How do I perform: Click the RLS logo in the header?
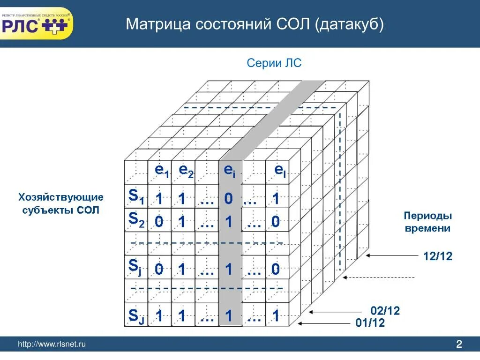tap(37, 23)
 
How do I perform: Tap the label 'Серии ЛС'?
tap(274, 63)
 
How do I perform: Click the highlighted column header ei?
tap(230, 171)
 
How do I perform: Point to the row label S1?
tap(136, 197)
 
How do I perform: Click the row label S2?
tap(136, 220)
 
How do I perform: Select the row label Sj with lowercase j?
tap(135, 268)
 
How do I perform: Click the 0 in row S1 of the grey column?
tap(228, 199)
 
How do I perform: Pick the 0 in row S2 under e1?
tap(159, 222)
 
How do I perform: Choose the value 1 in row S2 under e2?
tap(182, 222)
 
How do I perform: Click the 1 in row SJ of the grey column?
tap(229, 316)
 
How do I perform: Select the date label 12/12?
tap(437, 256)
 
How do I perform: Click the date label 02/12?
tap(385, 311)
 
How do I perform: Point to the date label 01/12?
tap(371, 323)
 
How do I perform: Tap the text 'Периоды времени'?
tap(427, 222)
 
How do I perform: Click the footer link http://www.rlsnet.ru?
tap(52, 345)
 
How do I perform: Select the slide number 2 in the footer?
tap(459, 345)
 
